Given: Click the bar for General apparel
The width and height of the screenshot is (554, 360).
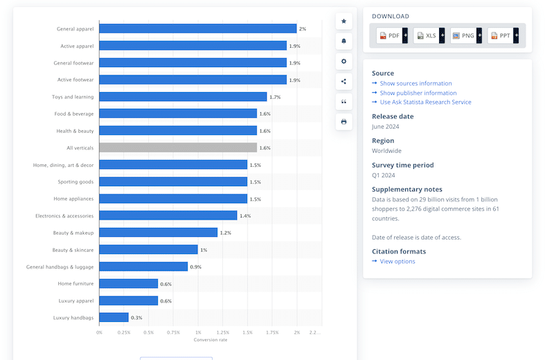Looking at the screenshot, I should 197,29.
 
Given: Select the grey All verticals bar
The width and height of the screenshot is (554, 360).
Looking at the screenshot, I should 178,147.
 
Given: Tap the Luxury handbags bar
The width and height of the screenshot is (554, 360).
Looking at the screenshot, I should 114,318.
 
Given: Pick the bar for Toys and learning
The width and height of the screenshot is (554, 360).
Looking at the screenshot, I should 183,97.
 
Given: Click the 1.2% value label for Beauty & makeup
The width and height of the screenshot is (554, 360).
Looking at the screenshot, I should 225,233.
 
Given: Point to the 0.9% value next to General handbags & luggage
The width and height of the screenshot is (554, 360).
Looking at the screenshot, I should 196,267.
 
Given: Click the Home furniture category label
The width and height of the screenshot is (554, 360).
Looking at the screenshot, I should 75,283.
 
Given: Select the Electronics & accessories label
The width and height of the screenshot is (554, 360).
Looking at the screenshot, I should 64,216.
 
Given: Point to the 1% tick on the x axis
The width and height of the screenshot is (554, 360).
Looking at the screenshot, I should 198,332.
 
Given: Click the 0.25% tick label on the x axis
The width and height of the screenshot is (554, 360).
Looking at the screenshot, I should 124,332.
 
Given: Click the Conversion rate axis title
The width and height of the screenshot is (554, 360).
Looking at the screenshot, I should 210,339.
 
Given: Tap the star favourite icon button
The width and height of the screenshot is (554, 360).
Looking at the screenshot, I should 343,21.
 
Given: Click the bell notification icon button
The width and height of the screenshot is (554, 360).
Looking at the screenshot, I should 343,42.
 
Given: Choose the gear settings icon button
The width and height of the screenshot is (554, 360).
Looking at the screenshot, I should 343,62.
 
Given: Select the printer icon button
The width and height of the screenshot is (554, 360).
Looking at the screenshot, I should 343,122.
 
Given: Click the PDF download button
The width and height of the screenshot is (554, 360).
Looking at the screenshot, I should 389,35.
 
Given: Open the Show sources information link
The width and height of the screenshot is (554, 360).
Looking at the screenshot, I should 415,84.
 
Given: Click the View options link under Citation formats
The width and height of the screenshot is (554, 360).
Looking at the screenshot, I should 397,261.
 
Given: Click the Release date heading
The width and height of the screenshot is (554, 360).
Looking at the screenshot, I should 393,116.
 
